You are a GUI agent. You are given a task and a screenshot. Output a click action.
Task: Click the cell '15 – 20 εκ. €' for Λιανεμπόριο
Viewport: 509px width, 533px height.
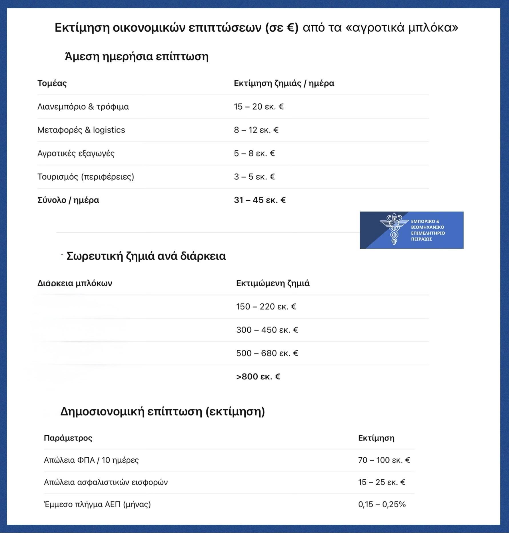[x=258, y=107]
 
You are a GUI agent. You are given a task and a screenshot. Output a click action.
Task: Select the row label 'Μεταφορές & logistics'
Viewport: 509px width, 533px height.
[x=81, y=130]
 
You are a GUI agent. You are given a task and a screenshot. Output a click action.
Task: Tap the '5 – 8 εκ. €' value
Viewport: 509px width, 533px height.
[x=254, y=154]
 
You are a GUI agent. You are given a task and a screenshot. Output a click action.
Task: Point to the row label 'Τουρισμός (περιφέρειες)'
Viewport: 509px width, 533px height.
[x=86, y=177]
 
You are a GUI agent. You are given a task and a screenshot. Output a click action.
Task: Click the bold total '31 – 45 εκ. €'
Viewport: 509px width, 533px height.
[x=260, y=200]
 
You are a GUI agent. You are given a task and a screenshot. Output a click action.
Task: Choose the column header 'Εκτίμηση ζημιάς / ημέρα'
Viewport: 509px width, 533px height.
[x=284, y=83]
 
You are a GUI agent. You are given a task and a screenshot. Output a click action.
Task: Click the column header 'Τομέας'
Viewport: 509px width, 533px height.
[x=52, y=83]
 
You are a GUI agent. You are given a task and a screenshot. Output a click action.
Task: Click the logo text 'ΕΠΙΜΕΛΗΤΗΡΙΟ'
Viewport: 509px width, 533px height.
[x=428, y=233]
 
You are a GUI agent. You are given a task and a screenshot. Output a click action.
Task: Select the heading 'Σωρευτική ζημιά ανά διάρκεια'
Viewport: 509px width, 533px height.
[x=146, y=256]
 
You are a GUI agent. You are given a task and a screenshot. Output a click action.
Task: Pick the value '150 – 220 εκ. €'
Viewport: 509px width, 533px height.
[x=266, y=307]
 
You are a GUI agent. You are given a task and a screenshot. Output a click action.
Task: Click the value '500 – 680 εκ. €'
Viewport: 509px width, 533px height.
[x=267, y=353]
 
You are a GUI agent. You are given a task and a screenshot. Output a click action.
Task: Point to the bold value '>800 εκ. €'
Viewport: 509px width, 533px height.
[x=258, y=377]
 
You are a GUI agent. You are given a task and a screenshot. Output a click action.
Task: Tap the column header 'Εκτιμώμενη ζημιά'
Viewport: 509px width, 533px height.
[x=273, y=283]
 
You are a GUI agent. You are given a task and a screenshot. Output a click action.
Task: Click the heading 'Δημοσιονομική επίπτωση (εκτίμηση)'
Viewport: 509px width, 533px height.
[x=163, y=411]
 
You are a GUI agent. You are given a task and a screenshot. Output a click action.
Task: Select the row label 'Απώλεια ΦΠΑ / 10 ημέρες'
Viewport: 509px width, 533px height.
[x=91, y=460]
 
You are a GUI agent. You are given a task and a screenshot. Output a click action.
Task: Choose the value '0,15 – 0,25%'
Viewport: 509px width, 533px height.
[x=382, y=504]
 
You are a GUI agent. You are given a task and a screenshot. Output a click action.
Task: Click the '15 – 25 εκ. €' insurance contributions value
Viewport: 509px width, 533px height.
[x=382, y=482]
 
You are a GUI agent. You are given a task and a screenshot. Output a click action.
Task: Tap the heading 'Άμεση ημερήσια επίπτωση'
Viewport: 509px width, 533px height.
[x=137, y=57]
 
